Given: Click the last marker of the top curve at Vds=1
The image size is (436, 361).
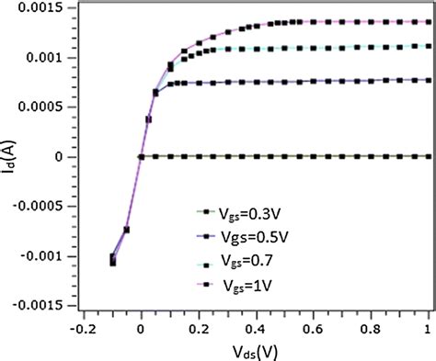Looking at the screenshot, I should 428,21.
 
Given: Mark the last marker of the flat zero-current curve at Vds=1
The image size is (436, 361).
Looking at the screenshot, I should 428,157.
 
